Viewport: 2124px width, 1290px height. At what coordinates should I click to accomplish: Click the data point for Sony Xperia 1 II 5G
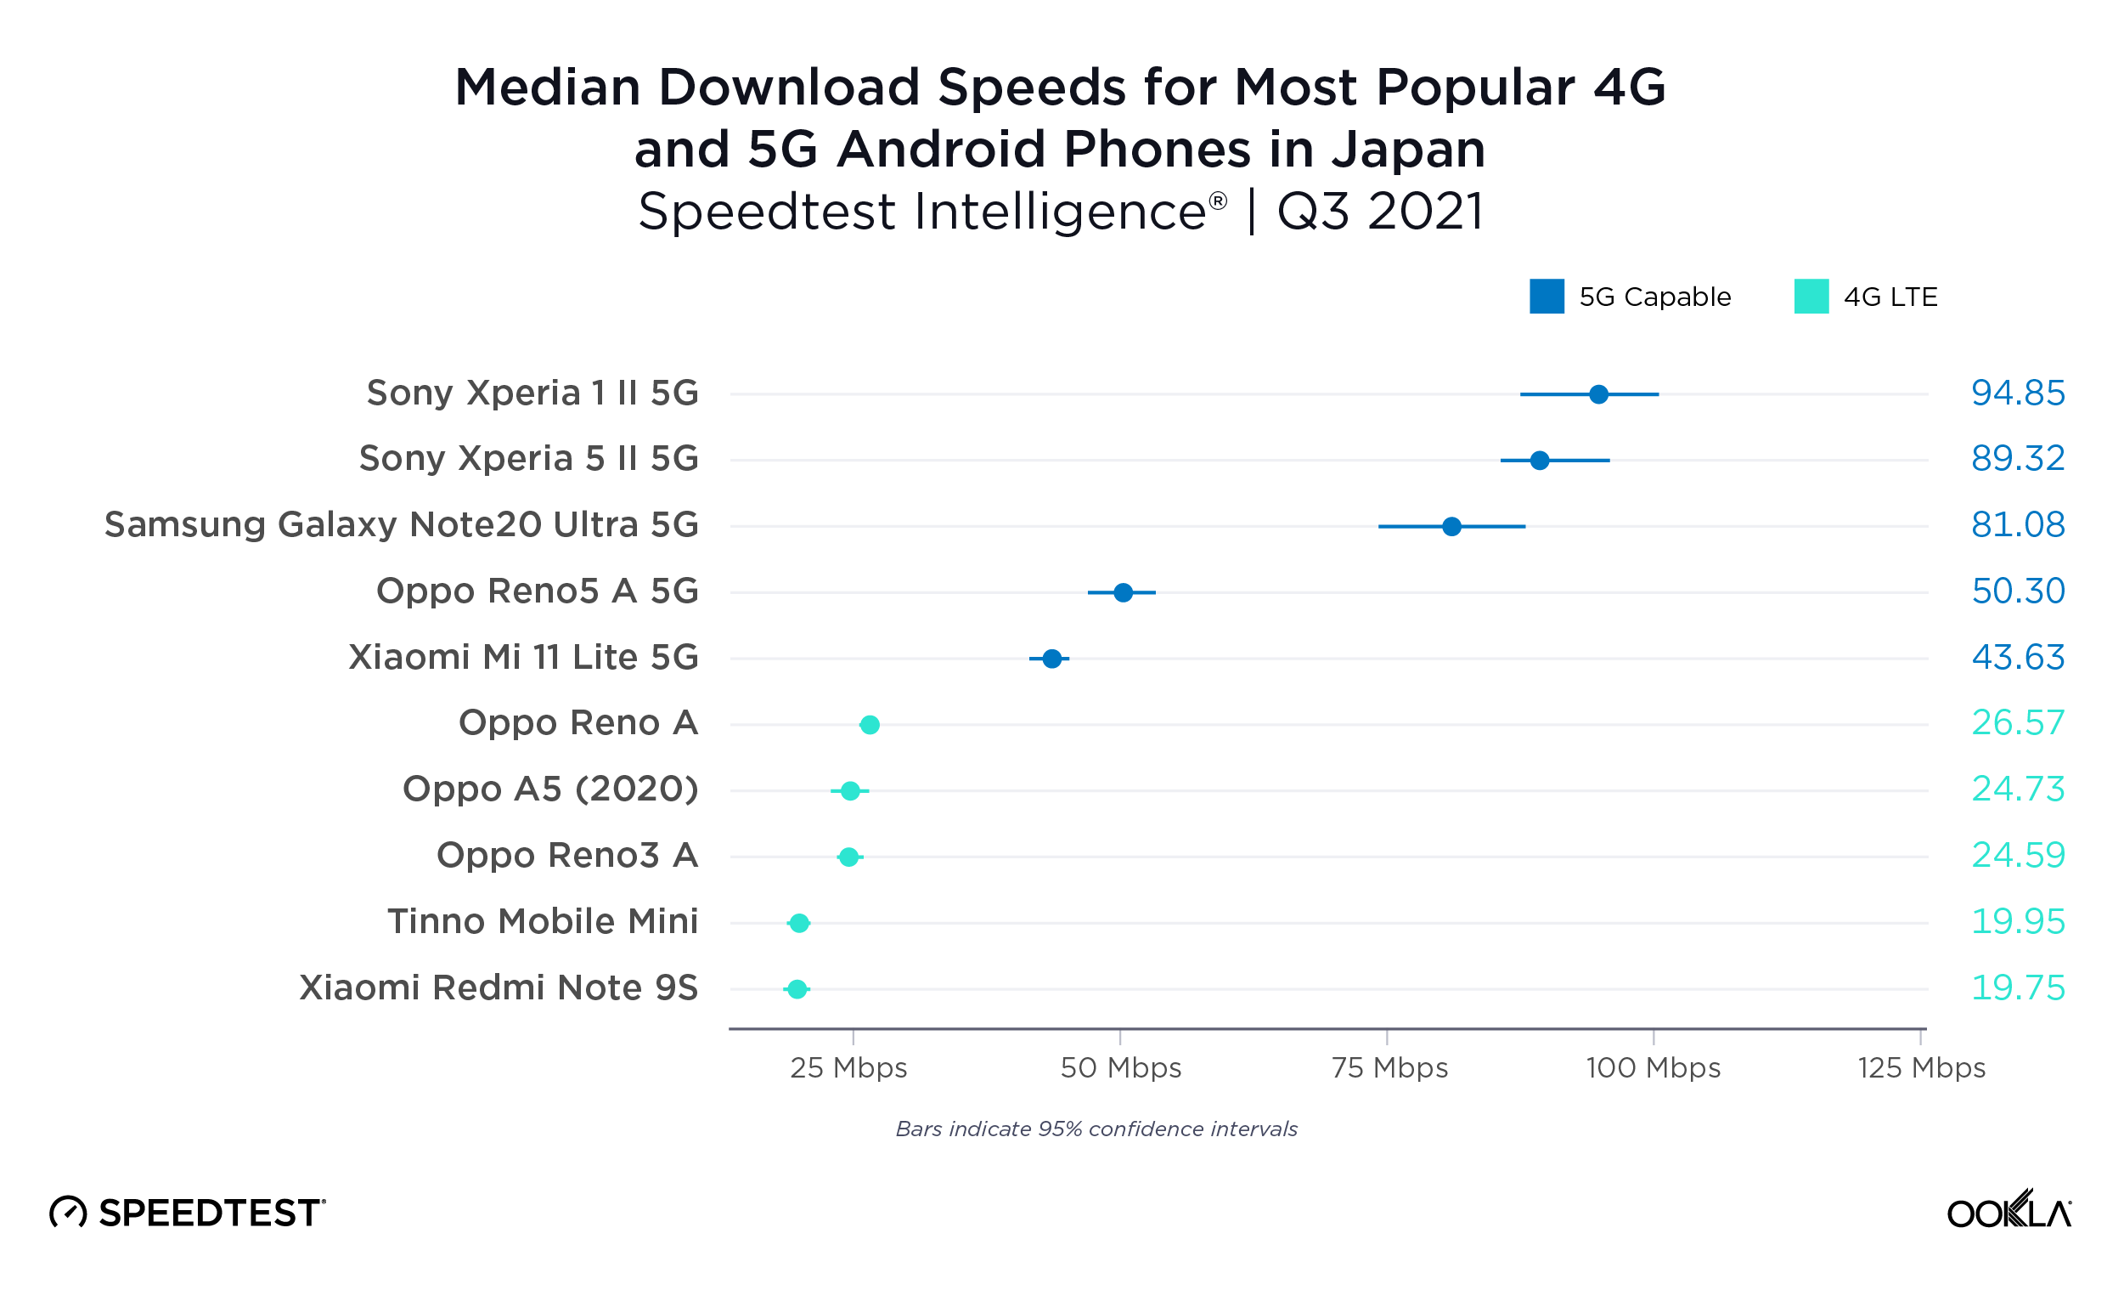click(1598, 394)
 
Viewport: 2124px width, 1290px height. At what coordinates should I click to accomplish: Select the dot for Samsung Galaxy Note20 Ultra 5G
click(1451, 526)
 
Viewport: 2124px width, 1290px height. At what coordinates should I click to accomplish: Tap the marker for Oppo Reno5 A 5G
click(1124, 592)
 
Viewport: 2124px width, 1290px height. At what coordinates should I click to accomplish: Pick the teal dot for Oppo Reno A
click(870, 724)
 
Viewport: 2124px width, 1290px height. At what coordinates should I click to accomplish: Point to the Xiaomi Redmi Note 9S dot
click(797, 989)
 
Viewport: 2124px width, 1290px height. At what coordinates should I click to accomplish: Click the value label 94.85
click(2017, 393)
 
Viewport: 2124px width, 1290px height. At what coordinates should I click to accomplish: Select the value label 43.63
click(2017, 658)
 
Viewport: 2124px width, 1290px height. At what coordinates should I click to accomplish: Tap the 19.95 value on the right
click(2017, 922)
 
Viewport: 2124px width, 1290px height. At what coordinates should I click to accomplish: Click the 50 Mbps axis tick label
click(1121, 1067)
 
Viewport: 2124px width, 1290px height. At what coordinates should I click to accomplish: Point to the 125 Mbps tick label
click(1920, 1067)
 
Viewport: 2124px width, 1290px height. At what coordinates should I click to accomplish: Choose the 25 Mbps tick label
click(849, 1067)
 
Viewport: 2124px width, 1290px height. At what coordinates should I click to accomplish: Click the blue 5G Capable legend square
click(1547, 297)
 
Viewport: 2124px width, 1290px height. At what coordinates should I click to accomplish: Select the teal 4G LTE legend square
click(1811, 297)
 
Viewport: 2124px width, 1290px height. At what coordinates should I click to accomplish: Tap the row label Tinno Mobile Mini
click(542, 922)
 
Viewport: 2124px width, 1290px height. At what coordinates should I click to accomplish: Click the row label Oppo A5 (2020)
click(550, 789)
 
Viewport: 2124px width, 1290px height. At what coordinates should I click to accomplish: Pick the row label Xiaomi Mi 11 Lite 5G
click(523, 657)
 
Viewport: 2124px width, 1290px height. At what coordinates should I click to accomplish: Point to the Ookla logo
click(2009, 1211)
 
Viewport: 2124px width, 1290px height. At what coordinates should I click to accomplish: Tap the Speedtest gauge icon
click(68, 1213)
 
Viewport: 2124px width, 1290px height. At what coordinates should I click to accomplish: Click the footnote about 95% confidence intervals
click(1096, 1129)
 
